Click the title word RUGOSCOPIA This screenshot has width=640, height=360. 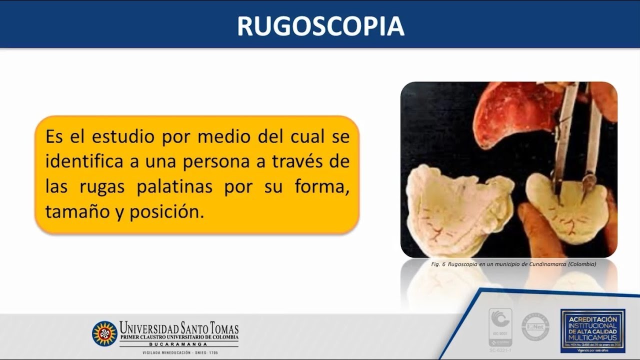(x=320, y=26)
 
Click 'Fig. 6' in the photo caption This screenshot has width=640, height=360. (x=438, y=263)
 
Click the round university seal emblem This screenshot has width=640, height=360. (x=104, y=333)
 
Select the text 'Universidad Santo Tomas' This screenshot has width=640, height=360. (x=178, y=328)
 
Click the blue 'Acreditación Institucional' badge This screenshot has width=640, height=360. (x=592, y=330)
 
